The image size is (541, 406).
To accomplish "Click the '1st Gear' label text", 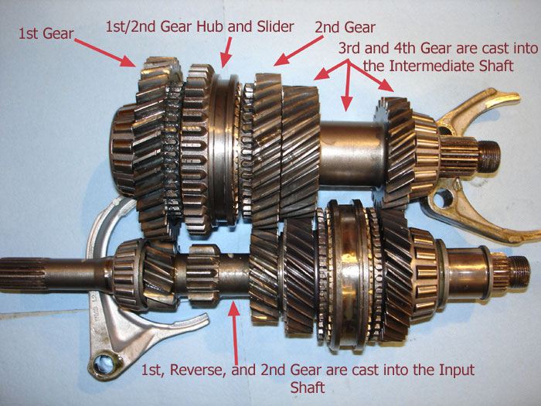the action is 46,33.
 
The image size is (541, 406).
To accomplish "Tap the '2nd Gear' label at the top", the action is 345,27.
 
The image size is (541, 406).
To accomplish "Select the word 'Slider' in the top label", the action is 275,26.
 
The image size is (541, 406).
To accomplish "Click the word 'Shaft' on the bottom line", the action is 308,387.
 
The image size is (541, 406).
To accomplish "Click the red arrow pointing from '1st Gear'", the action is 105,53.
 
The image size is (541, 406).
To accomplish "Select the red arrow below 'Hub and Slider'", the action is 226,52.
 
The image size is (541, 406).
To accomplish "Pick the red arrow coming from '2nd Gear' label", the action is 299,50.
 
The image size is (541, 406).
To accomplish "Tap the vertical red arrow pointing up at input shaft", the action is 235,333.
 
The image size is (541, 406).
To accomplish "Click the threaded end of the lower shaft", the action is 519,271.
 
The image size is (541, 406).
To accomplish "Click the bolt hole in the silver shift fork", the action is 104,364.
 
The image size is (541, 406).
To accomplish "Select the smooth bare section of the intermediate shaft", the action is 352,155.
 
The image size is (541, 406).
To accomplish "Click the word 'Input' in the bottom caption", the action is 457,370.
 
